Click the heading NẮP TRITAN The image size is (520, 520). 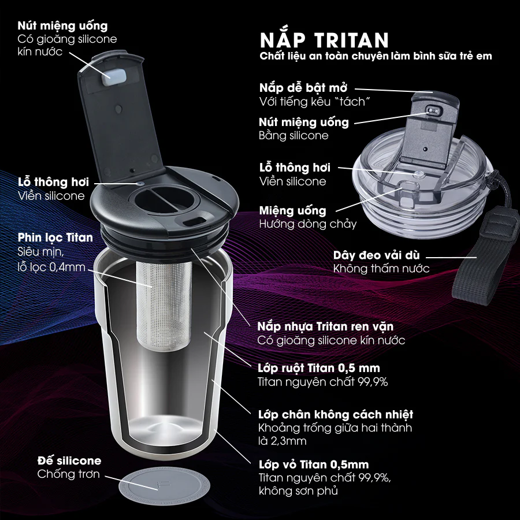pos(324,40)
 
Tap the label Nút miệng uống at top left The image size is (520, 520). pos(62,26)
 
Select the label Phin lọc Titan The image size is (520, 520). pos(55,237)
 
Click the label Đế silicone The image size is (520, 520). pos(69,460)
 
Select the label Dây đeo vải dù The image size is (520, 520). pos(377,255)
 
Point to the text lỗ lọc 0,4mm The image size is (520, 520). pos(51,268)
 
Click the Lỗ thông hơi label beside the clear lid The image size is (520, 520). pos(295,168)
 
